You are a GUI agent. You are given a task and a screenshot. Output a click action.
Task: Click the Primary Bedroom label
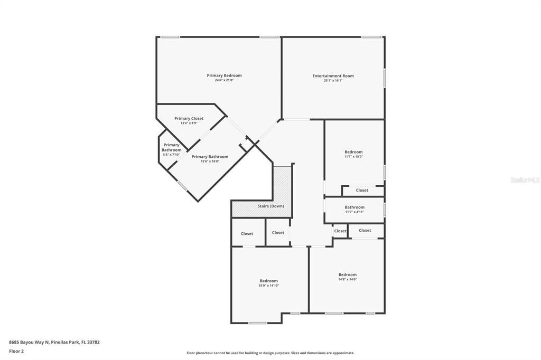[224, 75]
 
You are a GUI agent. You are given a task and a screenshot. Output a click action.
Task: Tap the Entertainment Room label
[333, 76]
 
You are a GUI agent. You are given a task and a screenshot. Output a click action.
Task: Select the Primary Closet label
[189, 119]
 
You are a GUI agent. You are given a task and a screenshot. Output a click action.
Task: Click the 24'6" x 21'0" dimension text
[224, 81]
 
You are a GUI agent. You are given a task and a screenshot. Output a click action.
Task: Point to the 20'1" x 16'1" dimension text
[333, 81]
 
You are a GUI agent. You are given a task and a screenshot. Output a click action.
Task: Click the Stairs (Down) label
[270, 206]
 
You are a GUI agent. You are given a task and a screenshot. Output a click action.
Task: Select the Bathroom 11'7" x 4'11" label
[355, 207]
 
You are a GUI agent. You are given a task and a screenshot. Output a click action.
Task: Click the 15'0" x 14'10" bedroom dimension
[268, 286]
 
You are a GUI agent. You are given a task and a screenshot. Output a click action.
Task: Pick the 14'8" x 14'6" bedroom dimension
[347, 279]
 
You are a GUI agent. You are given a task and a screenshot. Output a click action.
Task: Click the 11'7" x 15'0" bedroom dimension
[353, 157]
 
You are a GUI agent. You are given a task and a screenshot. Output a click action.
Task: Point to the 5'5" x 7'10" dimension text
[171, 155]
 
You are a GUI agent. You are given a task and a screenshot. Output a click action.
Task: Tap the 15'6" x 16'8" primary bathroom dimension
[210, 162]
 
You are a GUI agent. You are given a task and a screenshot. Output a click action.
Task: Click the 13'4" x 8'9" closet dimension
[189, 123]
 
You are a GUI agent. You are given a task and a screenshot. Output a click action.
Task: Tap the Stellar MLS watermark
[525, 180]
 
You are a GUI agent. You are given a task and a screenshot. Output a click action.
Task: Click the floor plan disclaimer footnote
[270, 353]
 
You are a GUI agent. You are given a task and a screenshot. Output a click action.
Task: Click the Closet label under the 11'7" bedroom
[362, 190]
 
